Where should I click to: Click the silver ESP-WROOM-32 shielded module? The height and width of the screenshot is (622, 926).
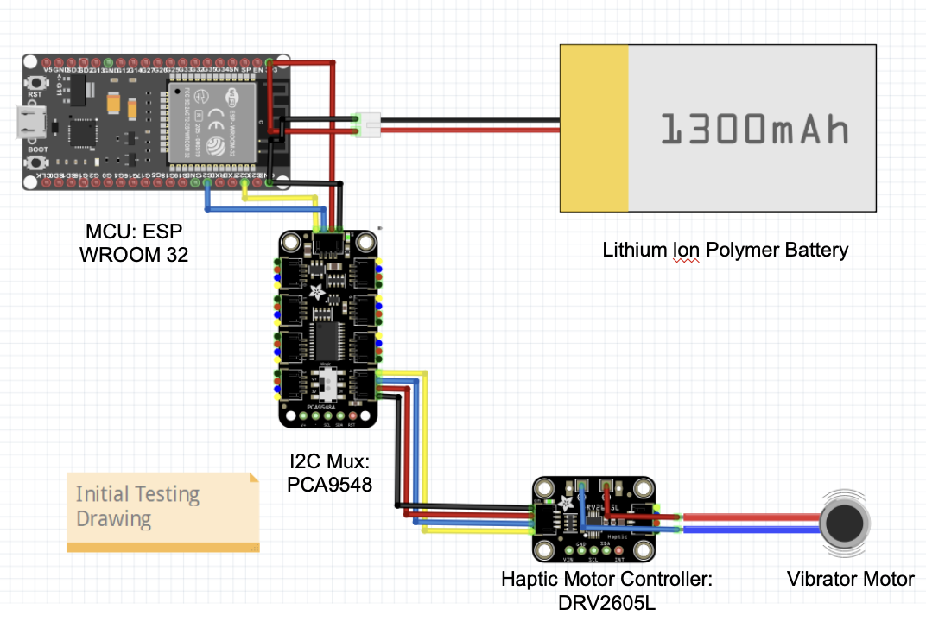pos(211,120)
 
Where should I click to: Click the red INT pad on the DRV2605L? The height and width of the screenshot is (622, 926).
pos(618,550)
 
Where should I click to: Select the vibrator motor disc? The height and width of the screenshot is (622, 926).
pos(844,522)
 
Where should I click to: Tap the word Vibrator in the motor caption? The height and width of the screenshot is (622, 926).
pos(818,580)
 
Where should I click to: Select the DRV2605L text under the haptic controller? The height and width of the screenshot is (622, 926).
pos(606,602)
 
